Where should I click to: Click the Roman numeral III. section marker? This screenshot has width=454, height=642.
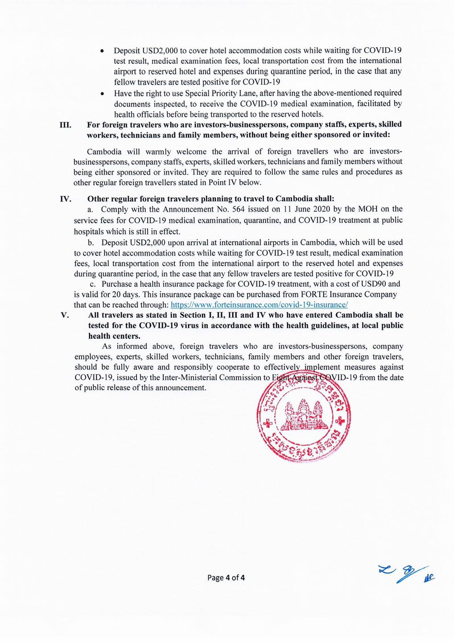click(x=66, y=124)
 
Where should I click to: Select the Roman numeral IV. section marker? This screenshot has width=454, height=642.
click(x=66, y=199)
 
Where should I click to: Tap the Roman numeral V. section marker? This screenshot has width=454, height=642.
click(x=65, y=315)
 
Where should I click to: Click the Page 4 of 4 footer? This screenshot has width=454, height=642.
click(x=226, y=578)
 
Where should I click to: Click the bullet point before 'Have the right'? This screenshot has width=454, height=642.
click(x=103, y=94)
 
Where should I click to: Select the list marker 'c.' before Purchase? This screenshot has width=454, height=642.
click(x=93, y=284)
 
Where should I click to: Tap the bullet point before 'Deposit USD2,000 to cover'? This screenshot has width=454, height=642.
click(x=103, y=51)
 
